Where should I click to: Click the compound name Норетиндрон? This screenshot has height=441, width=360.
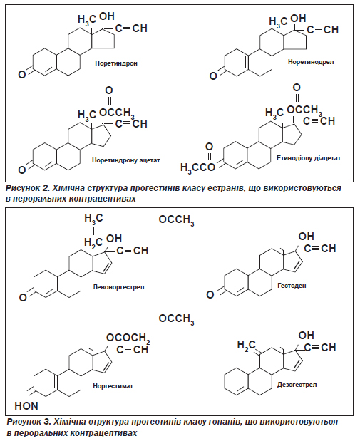tap(116, 63)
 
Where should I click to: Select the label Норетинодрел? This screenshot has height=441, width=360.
tap(311, 61)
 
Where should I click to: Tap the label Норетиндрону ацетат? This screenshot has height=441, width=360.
tap(125, 160)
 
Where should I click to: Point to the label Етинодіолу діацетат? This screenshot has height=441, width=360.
tap(309, 158)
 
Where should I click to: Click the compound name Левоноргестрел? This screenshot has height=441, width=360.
tap(118, 287)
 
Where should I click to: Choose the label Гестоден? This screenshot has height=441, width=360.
tap(292, 286)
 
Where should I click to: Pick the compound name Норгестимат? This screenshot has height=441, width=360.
tap(113, 386)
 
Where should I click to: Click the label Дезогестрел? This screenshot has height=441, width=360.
tap(297, 385)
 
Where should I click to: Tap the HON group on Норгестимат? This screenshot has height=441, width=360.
tap(26, 406)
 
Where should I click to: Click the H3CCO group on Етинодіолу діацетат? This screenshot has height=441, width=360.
tap(197, 167)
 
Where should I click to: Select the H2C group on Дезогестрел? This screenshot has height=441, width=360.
tap(246, 345)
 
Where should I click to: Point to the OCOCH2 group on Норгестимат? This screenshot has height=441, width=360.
tap(128, 338)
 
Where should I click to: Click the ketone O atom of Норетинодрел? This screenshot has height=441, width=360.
tap(213, 76)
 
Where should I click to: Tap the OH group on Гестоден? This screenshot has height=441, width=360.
tap(306, 237)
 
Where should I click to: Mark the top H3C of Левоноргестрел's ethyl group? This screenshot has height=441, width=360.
tap(93, 219)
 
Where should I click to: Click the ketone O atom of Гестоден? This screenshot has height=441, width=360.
tap(210, 294)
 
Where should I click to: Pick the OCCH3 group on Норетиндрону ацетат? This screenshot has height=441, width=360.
tap(117, 113)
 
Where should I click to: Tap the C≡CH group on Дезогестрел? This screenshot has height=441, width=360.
tap(320, 348)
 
